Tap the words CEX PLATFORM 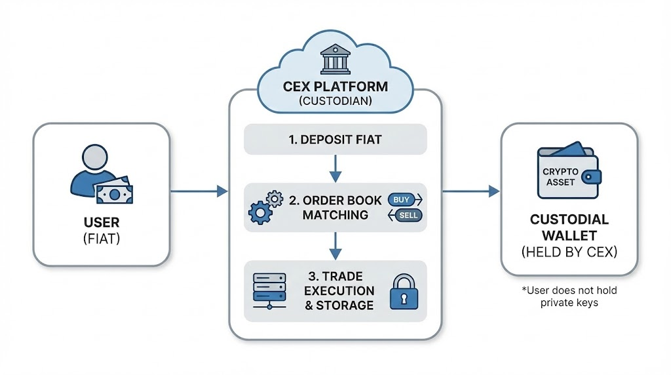[x=335, y=87]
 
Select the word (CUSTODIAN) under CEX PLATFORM [x=335, y=102]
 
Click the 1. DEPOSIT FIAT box [x=335, y=140]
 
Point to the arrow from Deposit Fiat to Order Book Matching [x=335, y=168]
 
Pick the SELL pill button [x=406, y=216]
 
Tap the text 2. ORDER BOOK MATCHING [x=335, y=207]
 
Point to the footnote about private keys [x=569, y=296]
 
